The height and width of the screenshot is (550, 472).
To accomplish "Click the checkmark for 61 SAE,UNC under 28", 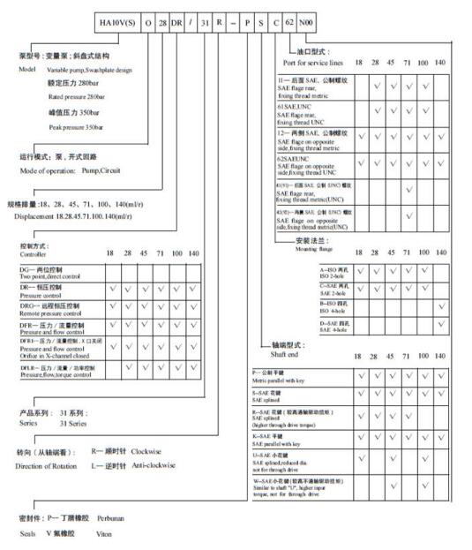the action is coord(378,112).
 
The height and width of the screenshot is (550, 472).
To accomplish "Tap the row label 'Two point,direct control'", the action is coord(57,275).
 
